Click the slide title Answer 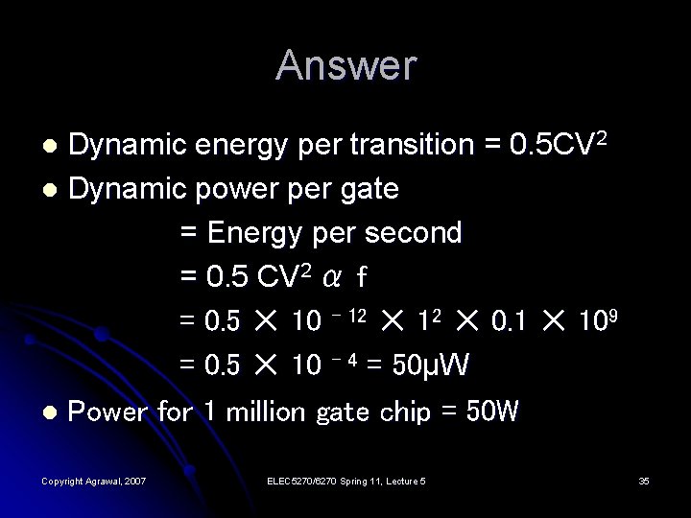(x=345, y=65)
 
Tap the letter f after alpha (x=361, y=277)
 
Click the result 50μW (x=439, y=365)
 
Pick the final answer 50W (x=491, y=412)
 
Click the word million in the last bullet (x=263, y=412)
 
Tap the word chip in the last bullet (x=405, y=412)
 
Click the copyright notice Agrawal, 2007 (x=94, y=481)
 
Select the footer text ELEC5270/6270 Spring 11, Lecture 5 (x=345, y=481)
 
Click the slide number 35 (x=643, y=481)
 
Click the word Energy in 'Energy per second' (x=250, y=233)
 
